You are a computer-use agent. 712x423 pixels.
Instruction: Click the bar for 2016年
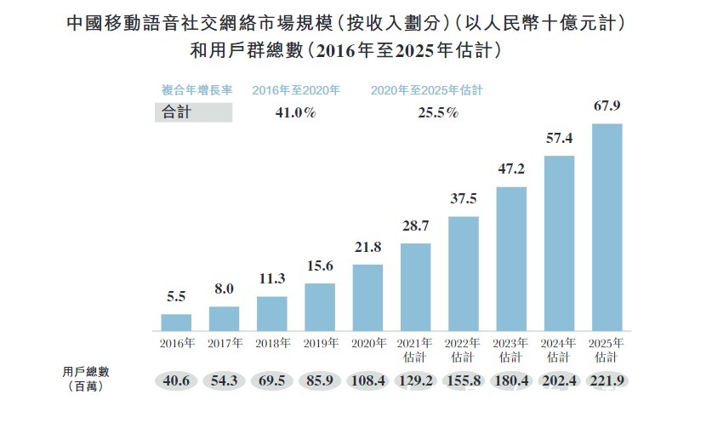pyautogui.click(x=176, y=322)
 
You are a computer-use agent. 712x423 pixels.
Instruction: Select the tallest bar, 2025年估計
pyautogui.click(x=607, y=227)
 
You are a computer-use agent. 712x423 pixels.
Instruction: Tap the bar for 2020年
pyautogui.click(x=367, y=297)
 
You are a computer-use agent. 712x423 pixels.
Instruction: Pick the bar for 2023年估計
pyautogui.click(x=511, y=259)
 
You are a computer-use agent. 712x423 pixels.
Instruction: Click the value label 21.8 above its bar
pyautogui.click(x=367, y=247)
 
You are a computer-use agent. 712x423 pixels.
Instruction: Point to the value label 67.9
pyautogui.click(x=607, y=106)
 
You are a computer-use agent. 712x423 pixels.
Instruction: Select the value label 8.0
pyautogui.click(x=224, y=289)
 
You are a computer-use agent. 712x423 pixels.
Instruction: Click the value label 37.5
pyautogui.click(x=464, y=199)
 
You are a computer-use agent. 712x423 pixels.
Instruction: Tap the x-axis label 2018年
pyautogui.click(x=272, y=344)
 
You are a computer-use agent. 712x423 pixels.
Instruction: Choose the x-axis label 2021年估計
pyautogui.click(x=415, y=351)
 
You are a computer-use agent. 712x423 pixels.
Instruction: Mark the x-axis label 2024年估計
pyautogui.click(x=559, y=351)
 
